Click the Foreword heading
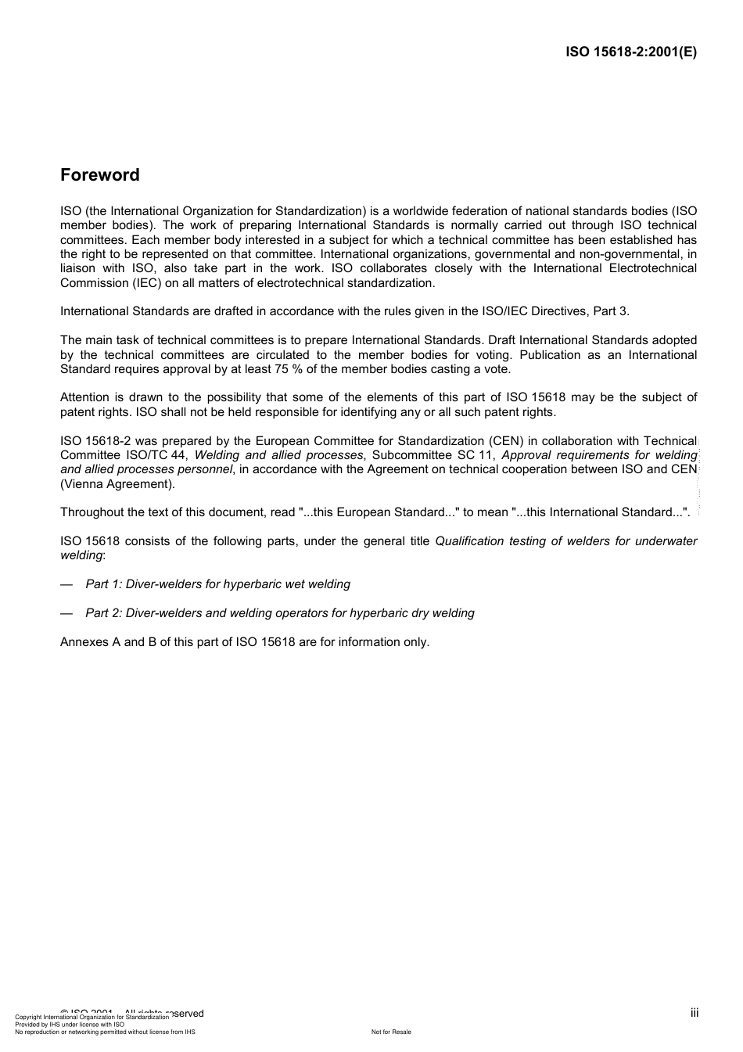pyautogui.click(x=100, y=175)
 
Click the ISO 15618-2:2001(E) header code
pyautogui.click(x=630, y=52)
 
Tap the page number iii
pyautogui.click(x=694, y=1013)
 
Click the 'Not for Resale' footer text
pyautogui.click(x=391, y=1032)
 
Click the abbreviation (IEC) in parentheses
pyautogui.click(x=138, y=283)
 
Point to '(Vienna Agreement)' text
pyautogui.click(x=117, y=484)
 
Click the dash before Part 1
pyautogui.click(x=66, y=584)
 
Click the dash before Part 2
pyautogui.click(x=66, y=613)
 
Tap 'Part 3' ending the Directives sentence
pyautogui.click(x=611, y=311)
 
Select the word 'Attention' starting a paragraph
pyautogui.click(x=84, y=397)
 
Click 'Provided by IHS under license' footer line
pyautogui.click(x=70, y=1024)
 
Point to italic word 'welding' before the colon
pyautogui.click(x=81, y=555)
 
